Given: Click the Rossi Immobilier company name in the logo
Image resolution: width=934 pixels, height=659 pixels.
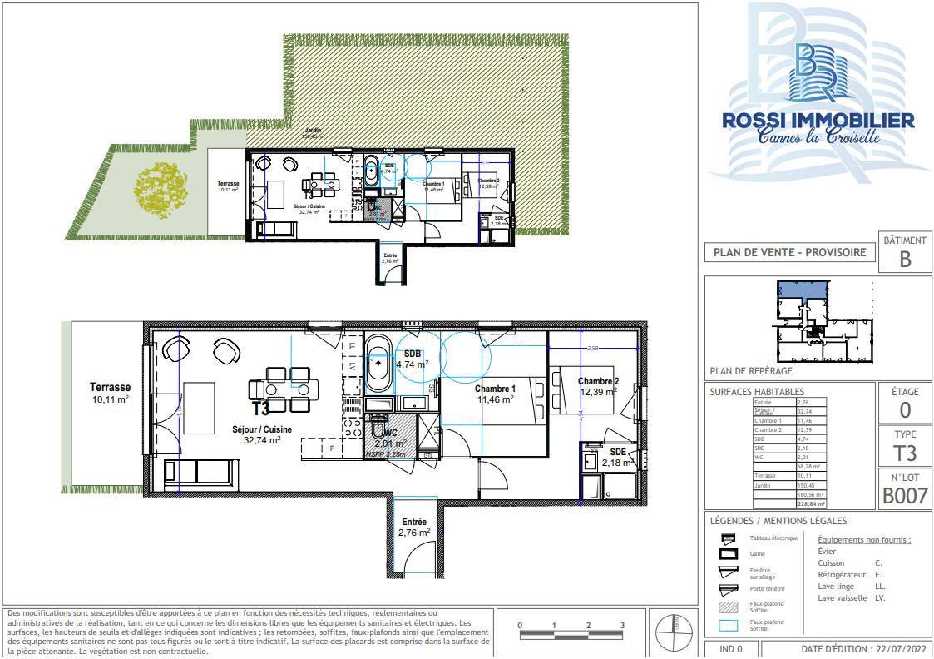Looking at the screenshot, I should (818, 121).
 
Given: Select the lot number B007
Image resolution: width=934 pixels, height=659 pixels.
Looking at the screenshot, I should (905, 497).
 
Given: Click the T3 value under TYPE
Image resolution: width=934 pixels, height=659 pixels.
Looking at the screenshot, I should (905, 453).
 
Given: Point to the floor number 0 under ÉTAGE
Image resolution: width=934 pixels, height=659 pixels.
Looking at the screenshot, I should (905, 409).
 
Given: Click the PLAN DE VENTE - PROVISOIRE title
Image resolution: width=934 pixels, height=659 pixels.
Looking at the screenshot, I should (789, 253).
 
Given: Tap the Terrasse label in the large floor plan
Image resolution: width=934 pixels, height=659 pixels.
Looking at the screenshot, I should (110, 388).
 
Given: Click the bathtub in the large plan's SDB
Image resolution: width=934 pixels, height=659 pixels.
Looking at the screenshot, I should (378, 363).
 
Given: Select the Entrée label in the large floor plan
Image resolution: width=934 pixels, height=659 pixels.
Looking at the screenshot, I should (413, 523).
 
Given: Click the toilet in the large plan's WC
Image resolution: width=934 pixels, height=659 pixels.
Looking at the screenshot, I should (380, 431).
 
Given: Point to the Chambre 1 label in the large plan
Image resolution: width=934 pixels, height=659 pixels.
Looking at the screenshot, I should (495, 389).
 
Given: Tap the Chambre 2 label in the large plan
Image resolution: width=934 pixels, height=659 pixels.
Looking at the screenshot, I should (598, 382).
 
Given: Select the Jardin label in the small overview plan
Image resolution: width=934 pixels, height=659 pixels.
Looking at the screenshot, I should (313, 131).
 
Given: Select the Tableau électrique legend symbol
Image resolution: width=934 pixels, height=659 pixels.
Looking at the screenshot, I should (729, 538).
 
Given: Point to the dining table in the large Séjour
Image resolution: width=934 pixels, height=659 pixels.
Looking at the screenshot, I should (284, 389).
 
